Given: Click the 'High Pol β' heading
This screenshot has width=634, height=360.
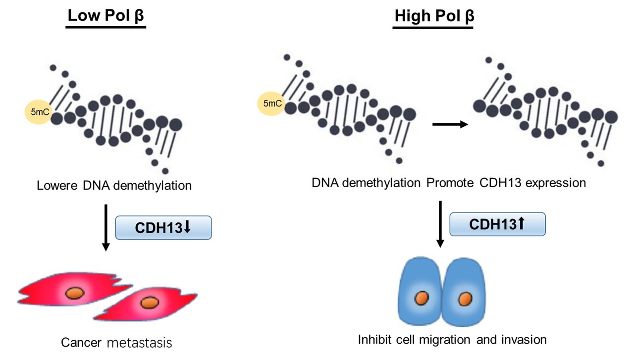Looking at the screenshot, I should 434,16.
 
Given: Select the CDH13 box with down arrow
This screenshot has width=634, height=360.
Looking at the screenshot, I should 163,228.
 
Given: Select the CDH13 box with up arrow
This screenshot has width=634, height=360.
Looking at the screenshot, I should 497,224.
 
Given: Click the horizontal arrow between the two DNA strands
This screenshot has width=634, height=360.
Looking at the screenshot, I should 450,125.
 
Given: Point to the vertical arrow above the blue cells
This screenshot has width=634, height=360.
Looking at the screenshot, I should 439,223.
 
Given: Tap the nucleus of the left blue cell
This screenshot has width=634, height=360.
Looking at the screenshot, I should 422,299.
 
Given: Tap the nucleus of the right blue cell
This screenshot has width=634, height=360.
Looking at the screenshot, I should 465,299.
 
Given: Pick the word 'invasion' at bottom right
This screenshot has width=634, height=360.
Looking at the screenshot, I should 525,340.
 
